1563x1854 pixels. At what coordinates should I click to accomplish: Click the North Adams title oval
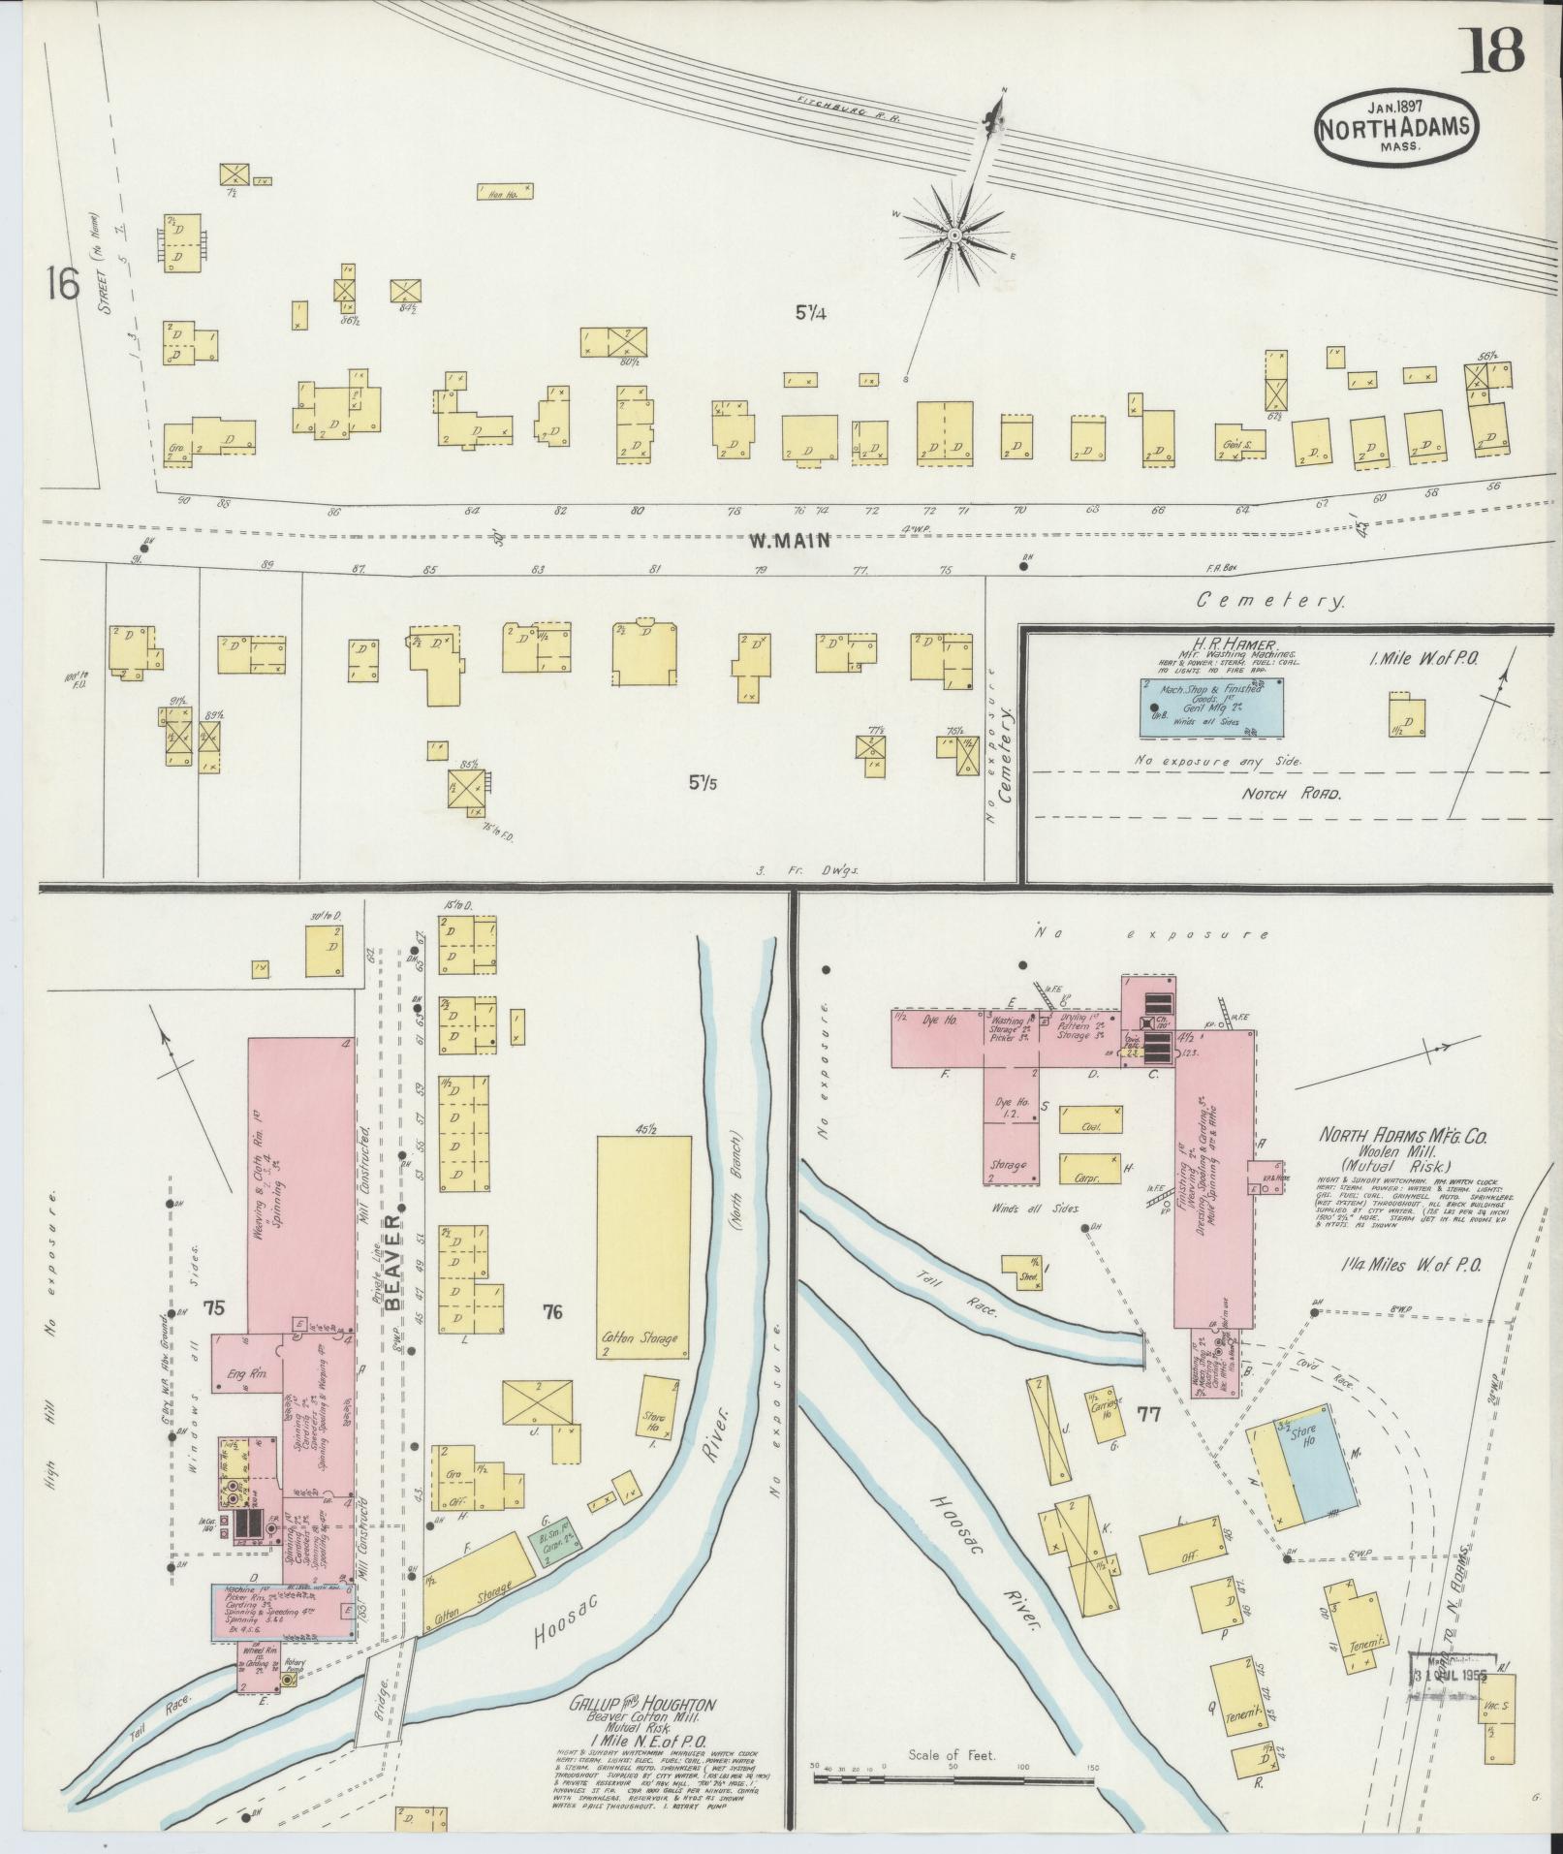1395,130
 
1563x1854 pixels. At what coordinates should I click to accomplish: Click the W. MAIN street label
790,541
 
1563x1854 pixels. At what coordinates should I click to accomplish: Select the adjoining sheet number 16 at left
60,285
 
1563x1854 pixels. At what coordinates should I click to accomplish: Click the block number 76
552,1312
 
